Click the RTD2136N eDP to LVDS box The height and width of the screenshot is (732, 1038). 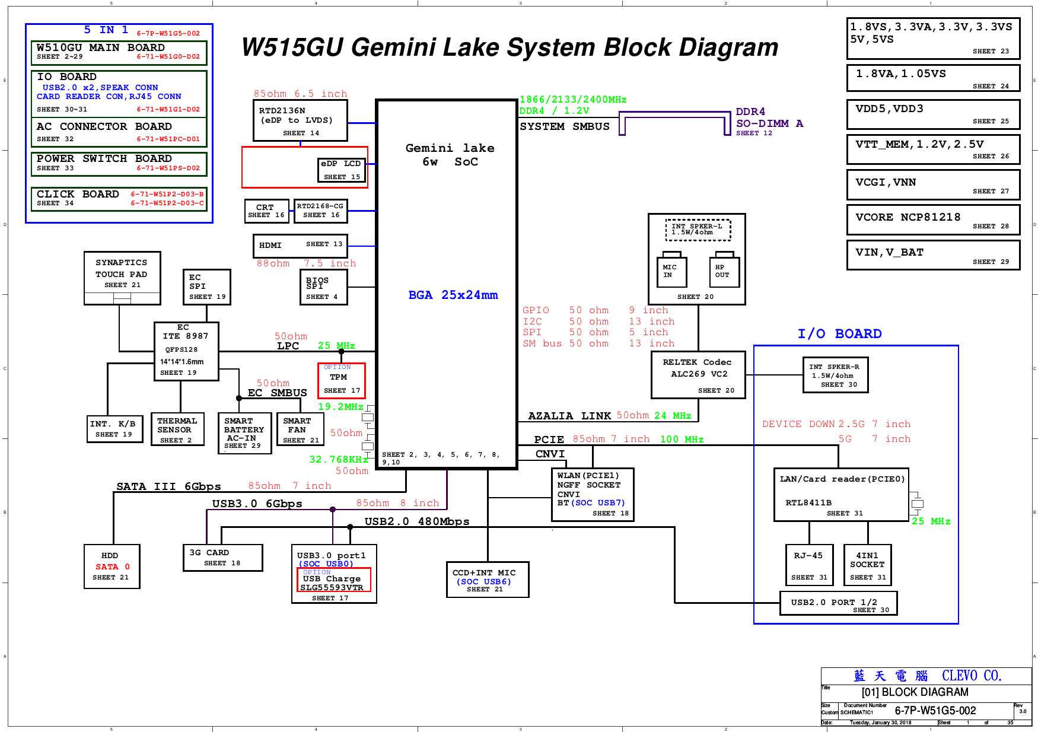pos(300,120)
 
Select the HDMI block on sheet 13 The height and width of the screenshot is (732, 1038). pos(300,245)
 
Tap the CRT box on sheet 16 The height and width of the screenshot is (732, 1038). pos(266,211)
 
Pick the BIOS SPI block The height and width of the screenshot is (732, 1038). pos(323,288)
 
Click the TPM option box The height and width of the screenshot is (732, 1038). pos(341,380)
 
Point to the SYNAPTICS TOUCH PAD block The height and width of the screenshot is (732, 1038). pos(122,273)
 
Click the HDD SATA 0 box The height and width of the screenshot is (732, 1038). pos(112,566)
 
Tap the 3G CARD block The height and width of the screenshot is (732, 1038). pos(222,558)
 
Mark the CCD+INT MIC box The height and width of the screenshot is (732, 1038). pos(487,580)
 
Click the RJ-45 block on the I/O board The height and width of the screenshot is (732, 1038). pos(808,565)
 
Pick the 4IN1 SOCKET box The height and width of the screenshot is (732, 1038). pos(867,565)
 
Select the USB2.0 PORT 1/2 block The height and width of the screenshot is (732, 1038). pos(838,603)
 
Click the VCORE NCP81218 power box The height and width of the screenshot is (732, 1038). pos(933,220)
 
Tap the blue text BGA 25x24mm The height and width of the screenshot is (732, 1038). pos(453,295)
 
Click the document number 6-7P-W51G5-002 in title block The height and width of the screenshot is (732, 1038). pos(935,711)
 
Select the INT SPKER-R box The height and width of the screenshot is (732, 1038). pos(835,375)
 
